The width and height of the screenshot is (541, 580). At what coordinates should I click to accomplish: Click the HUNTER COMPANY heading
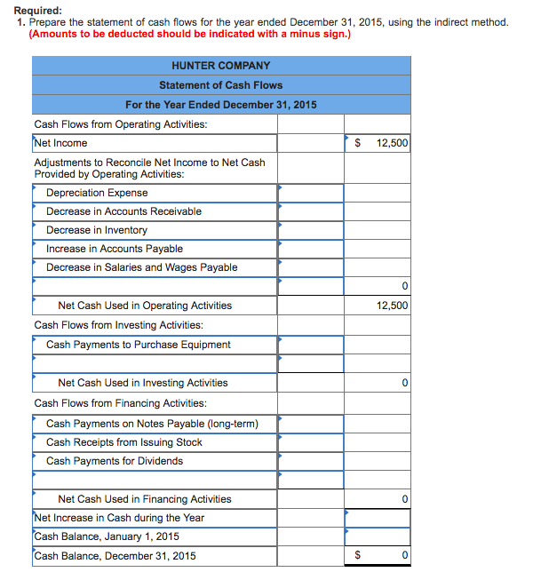pos(221,66)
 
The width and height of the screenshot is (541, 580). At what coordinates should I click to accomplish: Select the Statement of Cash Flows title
pos(221,85)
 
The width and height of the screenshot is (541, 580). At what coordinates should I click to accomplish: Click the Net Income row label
pos(60,143)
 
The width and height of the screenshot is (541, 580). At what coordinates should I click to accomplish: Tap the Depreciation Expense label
pos(97,193)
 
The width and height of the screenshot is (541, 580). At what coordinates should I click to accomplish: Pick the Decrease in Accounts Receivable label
pos(123,211)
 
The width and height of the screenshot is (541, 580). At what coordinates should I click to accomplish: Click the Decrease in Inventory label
pos(97,230)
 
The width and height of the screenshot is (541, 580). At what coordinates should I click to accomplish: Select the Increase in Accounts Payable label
pos(115,249)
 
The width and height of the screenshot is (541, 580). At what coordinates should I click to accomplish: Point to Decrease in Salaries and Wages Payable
pos(141,267)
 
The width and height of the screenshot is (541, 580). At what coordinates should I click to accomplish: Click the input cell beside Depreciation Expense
pos(310,193)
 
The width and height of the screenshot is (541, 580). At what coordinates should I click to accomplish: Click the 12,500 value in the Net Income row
pos(392,143)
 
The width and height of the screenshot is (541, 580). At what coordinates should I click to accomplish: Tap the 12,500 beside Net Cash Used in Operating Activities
pos(392,306)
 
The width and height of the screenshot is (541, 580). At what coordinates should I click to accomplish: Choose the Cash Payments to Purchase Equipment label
pos(138,345)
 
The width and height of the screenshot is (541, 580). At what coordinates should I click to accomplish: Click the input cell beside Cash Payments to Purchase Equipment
pos(310,345)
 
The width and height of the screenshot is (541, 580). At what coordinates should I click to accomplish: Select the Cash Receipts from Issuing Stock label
pos(123,442)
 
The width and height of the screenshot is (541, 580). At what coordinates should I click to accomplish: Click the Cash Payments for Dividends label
pos(115,461)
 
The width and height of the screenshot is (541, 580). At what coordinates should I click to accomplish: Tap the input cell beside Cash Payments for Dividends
pos(310,461)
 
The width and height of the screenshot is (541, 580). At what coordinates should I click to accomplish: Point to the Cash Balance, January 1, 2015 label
pos(107,536)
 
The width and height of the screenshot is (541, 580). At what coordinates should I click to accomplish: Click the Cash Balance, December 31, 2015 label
pos(115,556)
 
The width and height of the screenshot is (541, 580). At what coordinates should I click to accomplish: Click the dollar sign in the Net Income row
pos(358,143)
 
